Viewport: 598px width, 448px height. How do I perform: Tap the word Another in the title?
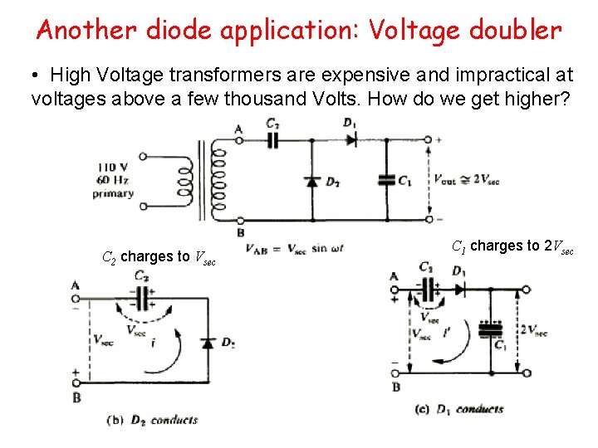87,31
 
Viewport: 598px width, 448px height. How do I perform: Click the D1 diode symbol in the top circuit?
350,139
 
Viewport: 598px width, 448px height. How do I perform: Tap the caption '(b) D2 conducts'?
151,420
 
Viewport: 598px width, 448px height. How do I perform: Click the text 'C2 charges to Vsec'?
159,257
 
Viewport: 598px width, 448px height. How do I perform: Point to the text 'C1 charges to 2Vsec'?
512,246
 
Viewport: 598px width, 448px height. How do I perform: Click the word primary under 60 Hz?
114,193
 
